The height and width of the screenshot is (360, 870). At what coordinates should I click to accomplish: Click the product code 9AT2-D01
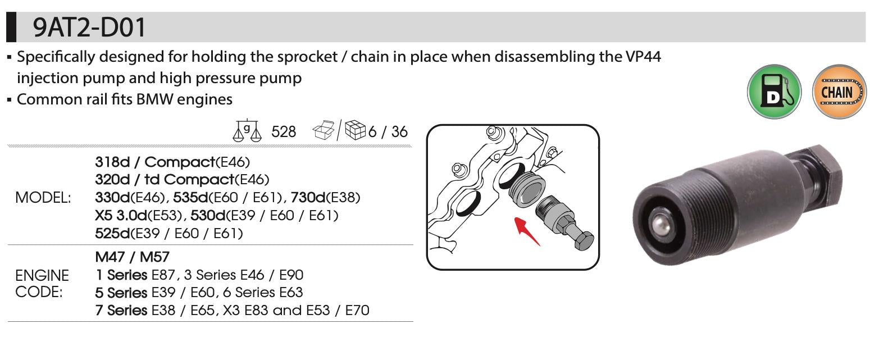coord(89,27)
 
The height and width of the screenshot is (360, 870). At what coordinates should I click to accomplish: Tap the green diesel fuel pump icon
coord(774,92)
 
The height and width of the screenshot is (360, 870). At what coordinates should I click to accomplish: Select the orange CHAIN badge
coord(839,92)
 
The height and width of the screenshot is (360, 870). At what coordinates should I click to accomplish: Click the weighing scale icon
coord(247,130)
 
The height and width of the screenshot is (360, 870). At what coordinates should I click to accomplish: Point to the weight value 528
coord(284,132)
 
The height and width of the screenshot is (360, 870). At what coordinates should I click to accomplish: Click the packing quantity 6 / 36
coord(388,132)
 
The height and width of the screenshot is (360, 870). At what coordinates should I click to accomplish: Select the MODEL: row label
coord(43,198)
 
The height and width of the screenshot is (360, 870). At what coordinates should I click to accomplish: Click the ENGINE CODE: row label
coord(42,284)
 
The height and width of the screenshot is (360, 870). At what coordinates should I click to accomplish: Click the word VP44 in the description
coord(643,57)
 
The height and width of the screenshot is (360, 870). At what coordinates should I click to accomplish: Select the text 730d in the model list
coord(308,197)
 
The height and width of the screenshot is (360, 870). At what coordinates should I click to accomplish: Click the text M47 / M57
coord(132,257)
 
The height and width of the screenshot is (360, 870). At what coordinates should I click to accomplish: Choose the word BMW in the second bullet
coord(154,99)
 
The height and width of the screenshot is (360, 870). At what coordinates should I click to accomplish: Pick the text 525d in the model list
coord(113,233)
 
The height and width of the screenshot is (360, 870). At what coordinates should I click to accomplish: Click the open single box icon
coord(324,130)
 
